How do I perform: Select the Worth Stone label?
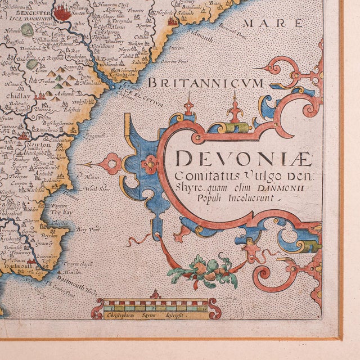coord(97,190)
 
